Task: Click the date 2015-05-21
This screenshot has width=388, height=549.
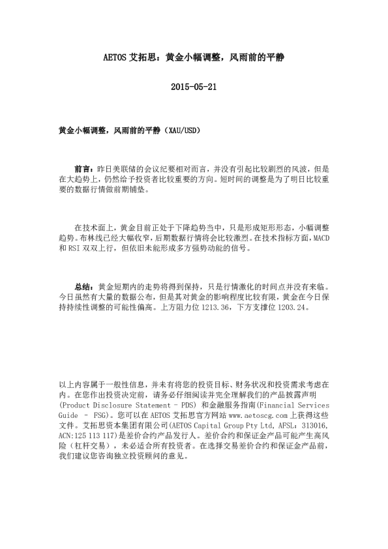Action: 193,87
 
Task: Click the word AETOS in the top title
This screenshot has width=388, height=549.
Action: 117,57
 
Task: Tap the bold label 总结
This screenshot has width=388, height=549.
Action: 83,286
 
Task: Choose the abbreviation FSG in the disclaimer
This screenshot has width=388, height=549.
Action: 102,414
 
